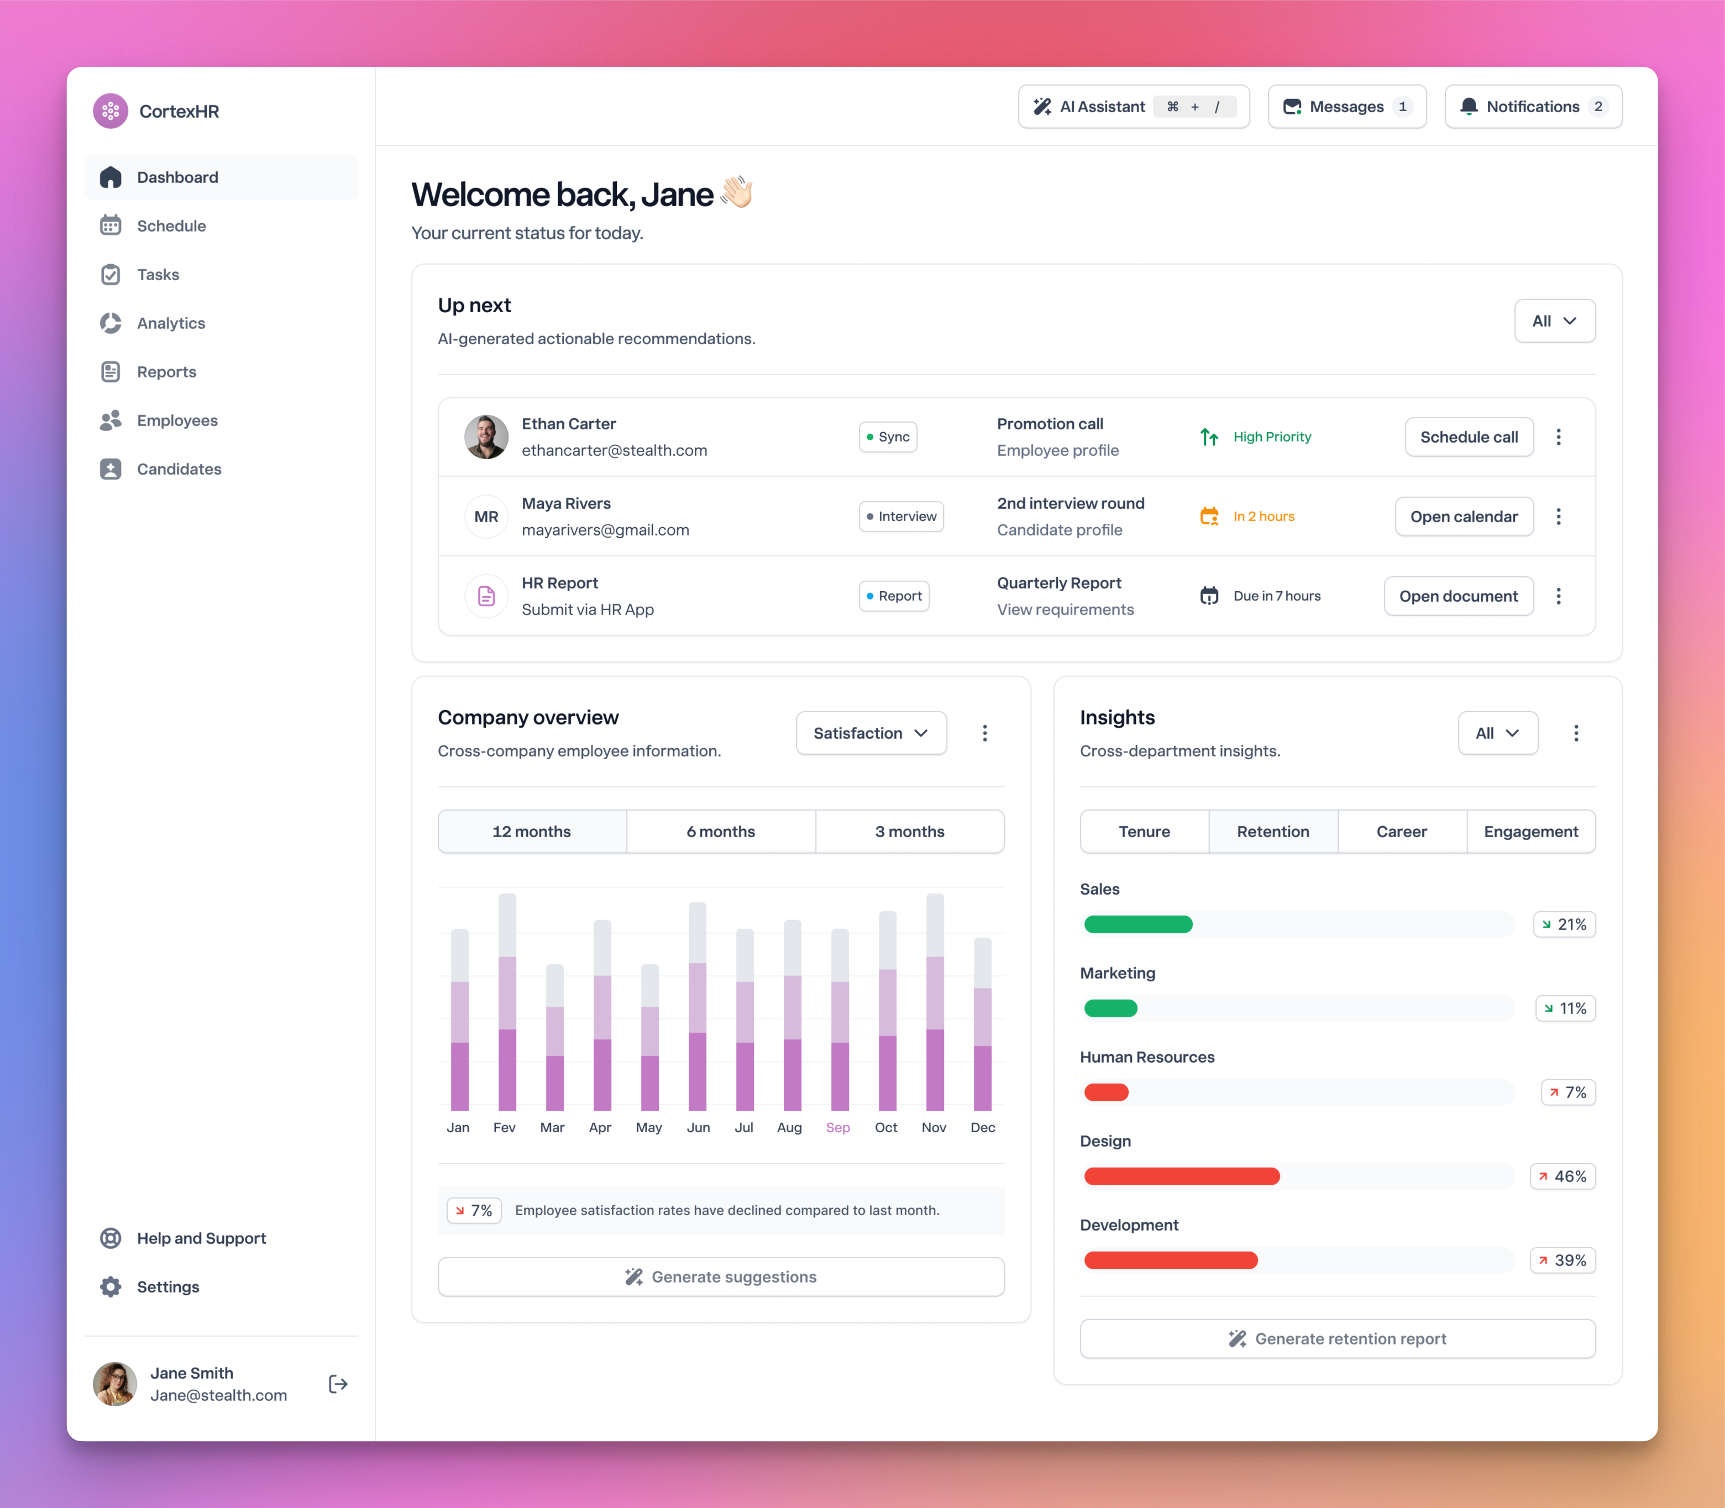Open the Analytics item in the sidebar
(x=171, y=323)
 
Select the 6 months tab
(x=721, y=832)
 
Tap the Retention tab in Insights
(x=1272, y=832)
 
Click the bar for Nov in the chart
(x=935, y=1001)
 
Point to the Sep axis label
(x=838, y=1128)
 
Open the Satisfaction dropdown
(x=871, y=733)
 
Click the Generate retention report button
(x=1337, y=1339)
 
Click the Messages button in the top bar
(x=1346, y=106)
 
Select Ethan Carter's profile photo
(x=486, y=437)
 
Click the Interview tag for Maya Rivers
(x=901, y=517)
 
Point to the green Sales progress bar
(x=1137, y=924)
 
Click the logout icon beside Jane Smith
(x=338, y=1384)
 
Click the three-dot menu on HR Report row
(x=1558, y=596)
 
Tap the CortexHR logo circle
(x=111, y=111)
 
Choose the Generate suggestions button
(x=721, y=1276)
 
